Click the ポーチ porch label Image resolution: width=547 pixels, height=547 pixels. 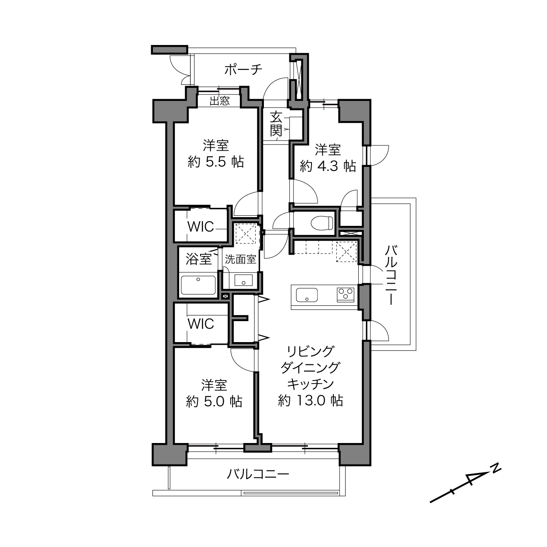click(x=243, y=69)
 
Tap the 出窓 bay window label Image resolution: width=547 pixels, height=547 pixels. click(x=219, y=101)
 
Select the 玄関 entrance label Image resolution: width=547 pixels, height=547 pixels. click(x=276, y=124)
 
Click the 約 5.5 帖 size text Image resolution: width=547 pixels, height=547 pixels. click(x=216, y=162)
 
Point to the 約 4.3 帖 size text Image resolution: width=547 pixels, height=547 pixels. click(x=328, y=166)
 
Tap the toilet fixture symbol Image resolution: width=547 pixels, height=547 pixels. click(x=322, y=223)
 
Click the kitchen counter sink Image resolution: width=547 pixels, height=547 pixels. click(x=307, y=295)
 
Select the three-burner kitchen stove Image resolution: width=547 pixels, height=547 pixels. click(x=346, y=294)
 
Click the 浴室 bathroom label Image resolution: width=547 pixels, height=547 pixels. click(x=198, y=259)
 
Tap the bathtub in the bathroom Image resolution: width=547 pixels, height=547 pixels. click(x=198, y=285)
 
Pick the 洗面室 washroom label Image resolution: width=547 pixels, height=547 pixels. click(x=240, y=259)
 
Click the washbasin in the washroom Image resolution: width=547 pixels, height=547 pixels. click(x=243, y=280)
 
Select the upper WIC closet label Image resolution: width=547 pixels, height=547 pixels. click(x=201, y=226)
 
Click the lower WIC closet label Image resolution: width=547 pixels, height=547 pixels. click(x=201, y=324)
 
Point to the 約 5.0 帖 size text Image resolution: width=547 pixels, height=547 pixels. click(x=214, y=402)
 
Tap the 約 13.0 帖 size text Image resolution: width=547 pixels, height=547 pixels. click(x=310, y=401)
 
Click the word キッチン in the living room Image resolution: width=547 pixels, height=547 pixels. click(x=310, y=384)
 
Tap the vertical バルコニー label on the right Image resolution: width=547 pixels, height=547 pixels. click(x=391, y=275)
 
